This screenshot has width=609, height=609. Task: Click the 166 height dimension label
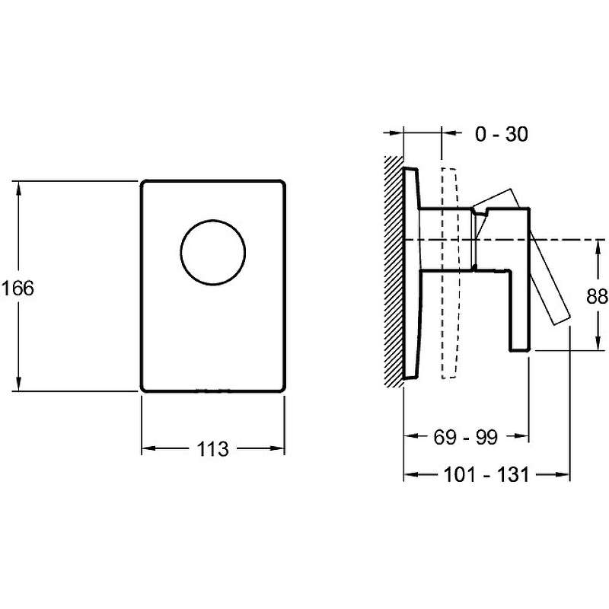[x=18, y=289]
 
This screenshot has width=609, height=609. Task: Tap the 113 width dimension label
[x=212, y=449]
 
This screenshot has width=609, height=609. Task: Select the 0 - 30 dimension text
[x=502, y=135]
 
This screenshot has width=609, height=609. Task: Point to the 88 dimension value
[x=597, y=296]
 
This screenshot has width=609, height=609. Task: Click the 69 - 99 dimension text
[x=465, y=437]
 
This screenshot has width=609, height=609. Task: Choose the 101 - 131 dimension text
[x=486, y=474]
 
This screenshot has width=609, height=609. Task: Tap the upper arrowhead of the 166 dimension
[x=18, y=189]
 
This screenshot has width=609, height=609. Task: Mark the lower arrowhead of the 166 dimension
[x=18, y=384]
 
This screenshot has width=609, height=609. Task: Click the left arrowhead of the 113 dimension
[x=149, y=448]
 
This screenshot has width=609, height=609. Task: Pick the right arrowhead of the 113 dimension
[x=277, y=448]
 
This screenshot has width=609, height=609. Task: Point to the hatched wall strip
[x=394, y=271]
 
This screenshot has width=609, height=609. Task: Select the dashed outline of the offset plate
[x=450, y=273]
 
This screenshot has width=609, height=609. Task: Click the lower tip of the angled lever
[x=562, y=320]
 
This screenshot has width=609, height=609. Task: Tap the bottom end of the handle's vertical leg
[x=520, y=350]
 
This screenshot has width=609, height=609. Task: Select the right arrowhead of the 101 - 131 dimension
[x=563, y=474]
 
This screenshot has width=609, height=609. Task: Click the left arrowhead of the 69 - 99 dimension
[x=412, y=435]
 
